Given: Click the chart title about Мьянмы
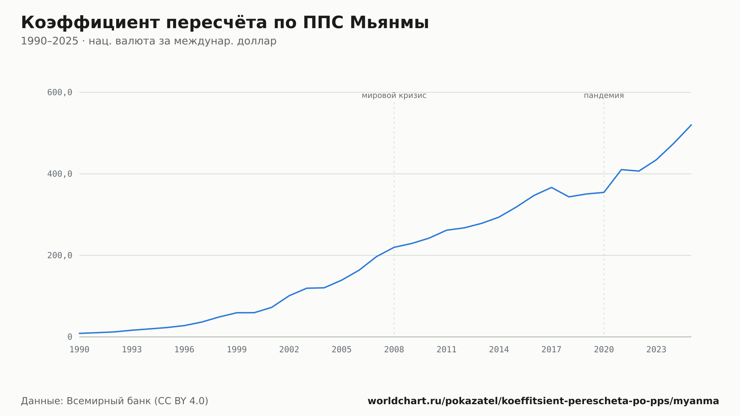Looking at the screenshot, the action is point(225,23).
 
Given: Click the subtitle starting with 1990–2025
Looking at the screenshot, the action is point(149,41).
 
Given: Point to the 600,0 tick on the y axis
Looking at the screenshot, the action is point(60,93).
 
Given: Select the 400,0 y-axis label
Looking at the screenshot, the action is point(60,174).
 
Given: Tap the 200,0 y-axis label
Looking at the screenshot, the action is point(60,255).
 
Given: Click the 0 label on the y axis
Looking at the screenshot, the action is point(70,337).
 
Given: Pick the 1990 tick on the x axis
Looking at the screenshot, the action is point(80,350).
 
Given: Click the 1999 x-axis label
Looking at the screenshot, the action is point(237,350).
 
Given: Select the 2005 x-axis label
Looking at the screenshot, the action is point(342,350).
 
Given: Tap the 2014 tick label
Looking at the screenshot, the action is point(499,350).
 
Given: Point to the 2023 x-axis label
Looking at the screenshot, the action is point(656,350).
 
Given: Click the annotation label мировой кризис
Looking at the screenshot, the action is point(394,95).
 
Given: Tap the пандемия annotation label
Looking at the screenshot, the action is point(604,95).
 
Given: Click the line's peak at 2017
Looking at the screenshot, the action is point(551,187).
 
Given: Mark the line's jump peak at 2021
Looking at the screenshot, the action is point(621,170).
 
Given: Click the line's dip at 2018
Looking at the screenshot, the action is point(569,197).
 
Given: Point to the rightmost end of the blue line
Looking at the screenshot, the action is point(691,125).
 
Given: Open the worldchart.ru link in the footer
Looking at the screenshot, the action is point(543,401).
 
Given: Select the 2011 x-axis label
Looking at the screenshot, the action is point(447,350).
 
